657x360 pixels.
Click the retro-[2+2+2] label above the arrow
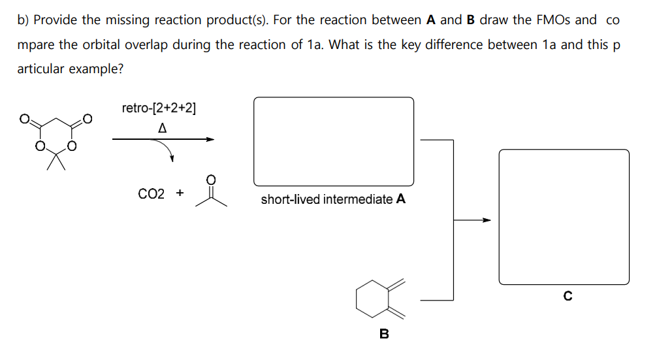click(159, 108)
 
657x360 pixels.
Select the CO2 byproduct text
click(152, 193)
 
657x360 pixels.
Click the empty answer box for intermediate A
click(333, 141)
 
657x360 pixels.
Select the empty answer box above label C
click(564, 216)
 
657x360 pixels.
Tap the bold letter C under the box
click(568, 297)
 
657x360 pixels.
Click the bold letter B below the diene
click(384, 335)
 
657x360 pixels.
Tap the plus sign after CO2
click(180, 193)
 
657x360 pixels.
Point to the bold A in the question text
click(431, 20)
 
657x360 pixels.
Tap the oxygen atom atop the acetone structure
click(210, 178)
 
